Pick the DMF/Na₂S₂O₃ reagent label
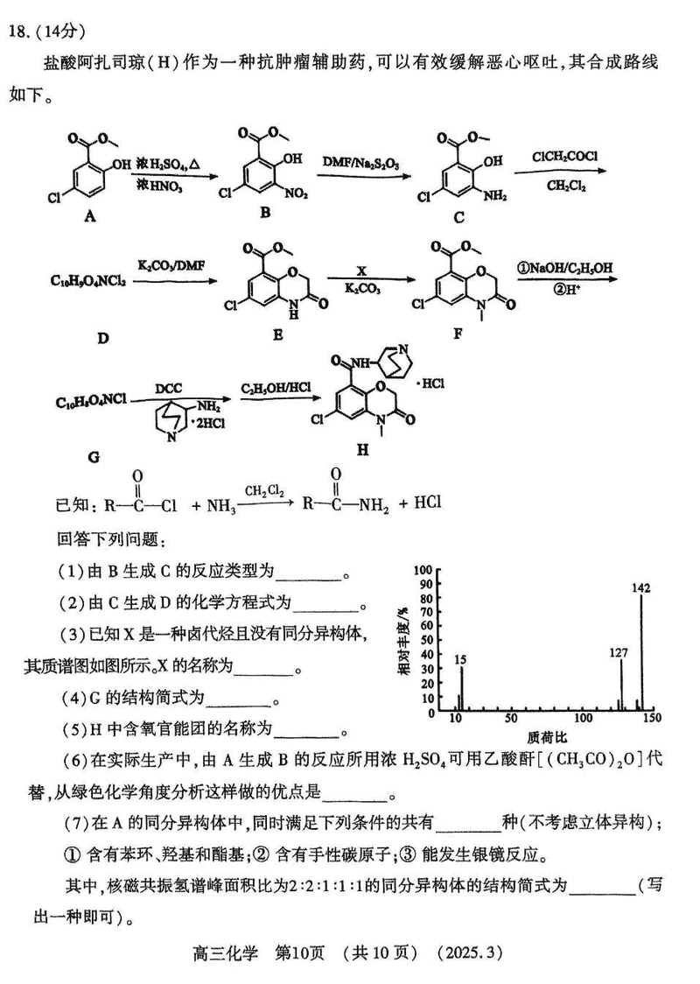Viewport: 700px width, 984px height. pos(361,163)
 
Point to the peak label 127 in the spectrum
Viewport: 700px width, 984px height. pos(619,651)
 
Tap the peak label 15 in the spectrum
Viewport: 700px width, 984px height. pos(460,658)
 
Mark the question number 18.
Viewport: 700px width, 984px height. pos(20,32)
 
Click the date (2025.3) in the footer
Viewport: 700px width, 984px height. pos(473,952)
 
